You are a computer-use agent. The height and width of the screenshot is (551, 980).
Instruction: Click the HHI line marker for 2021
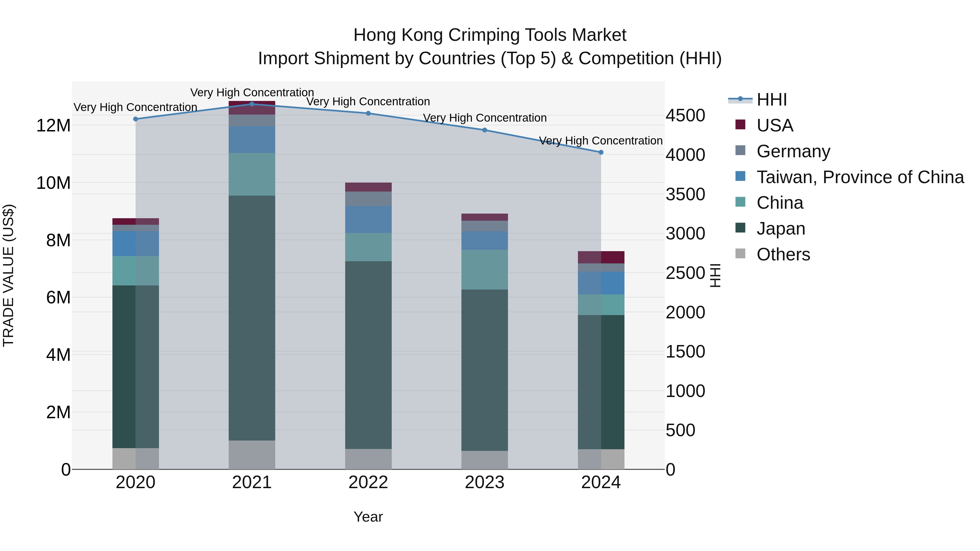(252, 104)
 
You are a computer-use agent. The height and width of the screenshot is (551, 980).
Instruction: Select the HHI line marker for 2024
(601, 152)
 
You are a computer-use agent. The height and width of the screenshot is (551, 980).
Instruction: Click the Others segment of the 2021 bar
(252, 454)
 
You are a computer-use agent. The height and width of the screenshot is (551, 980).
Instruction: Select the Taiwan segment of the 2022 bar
(368, 219)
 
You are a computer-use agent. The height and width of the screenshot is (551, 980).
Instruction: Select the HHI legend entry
(771, 100)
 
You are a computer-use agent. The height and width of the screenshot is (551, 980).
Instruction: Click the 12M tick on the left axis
(53, 125)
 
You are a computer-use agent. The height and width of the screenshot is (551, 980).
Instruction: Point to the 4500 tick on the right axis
(685, 116)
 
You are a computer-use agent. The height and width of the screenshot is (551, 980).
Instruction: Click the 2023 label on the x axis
(484, 482)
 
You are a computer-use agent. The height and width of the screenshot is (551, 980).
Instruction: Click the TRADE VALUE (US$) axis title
(8, 275)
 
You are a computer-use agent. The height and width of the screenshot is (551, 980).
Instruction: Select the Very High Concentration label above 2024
(601, 141)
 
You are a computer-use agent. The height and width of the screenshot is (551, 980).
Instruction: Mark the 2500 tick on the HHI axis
(685, 273)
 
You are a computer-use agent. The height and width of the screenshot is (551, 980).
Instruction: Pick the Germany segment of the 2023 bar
(484, 226)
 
